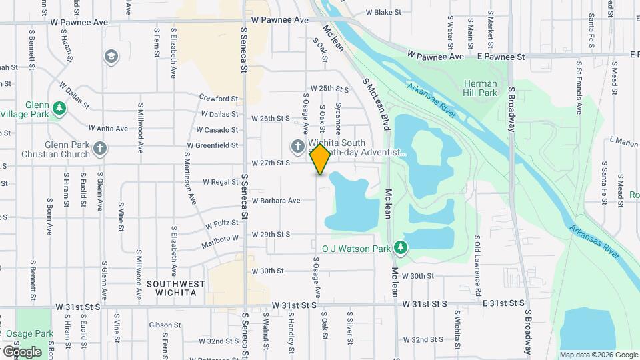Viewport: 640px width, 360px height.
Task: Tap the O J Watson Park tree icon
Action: tap(400, 249)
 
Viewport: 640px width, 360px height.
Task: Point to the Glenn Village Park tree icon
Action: tap(59, 108)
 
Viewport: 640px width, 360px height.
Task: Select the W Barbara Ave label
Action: tap(275, 200)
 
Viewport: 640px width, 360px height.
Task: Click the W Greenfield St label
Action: tap(212, 145)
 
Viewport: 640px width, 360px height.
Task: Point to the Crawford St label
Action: tap(218, 99)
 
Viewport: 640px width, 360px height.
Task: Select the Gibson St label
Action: tap(161, 325)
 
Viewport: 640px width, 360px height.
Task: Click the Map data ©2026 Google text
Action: tap(599, 355)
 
